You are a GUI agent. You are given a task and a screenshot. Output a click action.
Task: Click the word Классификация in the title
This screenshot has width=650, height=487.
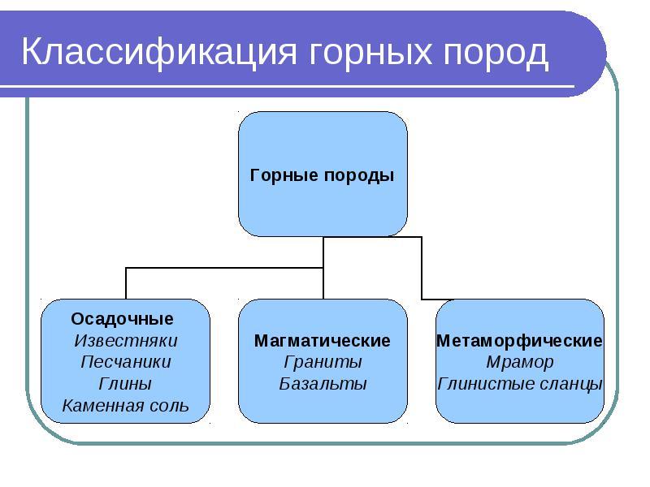[x=159, y=53]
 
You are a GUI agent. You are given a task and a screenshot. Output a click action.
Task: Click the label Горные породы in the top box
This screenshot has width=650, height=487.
[x=322, y=175]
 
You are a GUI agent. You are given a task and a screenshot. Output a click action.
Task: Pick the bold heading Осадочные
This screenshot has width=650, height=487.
[x=123, y=319]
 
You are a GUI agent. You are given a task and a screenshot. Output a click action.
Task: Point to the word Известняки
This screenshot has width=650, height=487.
[x=126, y=341]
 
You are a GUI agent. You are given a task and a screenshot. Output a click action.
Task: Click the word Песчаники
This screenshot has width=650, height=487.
[x=126, y=362]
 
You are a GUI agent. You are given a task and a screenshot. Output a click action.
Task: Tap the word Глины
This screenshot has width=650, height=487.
[x=125, y=384]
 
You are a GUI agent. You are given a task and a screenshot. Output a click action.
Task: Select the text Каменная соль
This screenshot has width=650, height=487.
[x=126, y=405]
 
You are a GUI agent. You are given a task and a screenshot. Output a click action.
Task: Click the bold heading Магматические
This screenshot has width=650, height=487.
[x=322, y=341]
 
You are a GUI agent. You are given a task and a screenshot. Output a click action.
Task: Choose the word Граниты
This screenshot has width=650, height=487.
[x=323, y=362]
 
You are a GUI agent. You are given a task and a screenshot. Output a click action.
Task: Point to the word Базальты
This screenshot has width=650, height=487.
[x=323, y=384]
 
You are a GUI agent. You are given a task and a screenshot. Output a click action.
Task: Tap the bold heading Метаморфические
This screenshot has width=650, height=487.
[x=519, y=341]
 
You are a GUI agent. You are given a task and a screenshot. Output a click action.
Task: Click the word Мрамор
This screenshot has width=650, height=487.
[x=519, y=362]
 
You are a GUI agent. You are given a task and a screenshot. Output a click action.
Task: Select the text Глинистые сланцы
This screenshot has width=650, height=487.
[x=520, y=384]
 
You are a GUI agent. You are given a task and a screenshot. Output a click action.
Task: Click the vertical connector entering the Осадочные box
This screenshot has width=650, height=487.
[x=126, y=283]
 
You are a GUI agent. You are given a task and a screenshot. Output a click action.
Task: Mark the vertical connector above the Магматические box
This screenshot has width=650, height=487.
[x=323, y=268]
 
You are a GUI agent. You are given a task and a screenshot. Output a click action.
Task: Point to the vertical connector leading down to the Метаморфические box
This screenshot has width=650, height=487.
[x=422, y=268]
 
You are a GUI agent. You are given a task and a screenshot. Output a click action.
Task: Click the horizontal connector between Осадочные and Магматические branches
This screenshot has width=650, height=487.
[x=224, y=268]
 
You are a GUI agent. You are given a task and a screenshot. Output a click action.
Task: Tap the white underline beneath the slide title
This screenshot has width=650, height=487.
[x=288, y=87]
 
